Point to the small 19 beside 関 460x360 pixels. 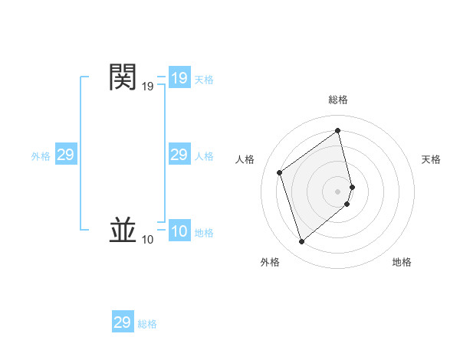(x=147, y=87)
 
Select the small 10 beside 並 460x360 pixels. (x=147, y=240)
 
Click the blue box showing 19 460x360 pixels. (x=179, y=78)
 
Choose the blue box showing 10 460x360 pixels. (x=179, y=232)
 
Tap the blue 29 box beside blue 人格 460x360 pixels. (x=179, y=155)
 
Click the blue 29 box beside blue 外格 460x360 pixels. (x=65, y=155)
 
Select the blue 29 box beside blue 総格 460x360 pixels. (x=122, y=322)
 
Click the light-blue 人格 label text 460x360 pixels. (x=204, y=156)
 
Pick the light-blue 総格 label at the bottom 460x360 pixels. (x=147, y=324)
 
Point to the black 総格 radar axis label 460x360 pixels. (x=338, y=100)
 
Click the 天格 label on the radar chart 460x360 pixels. (x=431, y=159)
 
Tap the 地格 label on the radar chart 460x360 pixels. (x=402, y=262)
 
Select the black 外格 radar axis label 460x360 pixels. (x=270, y=262)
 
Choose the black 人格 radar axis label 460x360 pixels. (x=245, y=159)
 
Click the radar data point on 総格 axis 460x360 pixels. (x=338, y=130)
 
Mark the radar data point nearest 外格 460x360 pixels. (x=301, y=242)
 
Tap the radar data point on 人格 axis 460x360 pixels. (x=280, y=172)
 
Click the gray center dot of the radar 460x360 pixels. (x=338, y=191)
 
